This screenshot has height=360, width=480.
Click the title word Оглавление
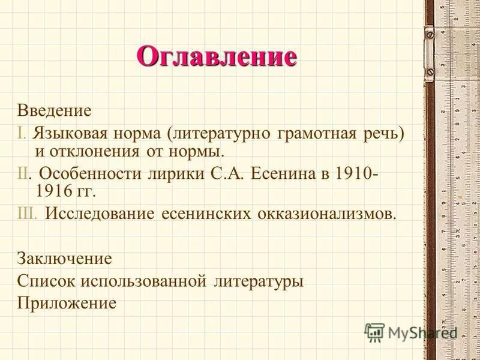(217, 56)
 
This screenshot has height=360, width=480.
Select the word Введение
(54, 110)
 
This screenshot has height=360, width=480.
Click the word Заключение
(65, 259)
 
